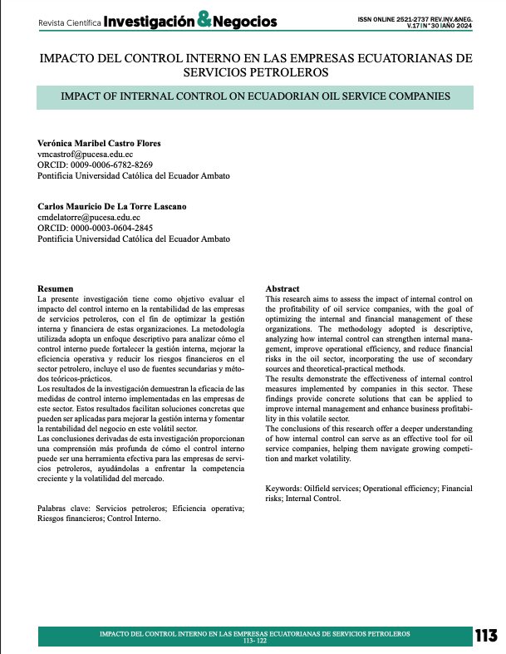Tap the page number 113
coord(484,636)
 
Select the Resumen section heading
coord(56,288)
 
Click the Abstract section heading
coord(282,288)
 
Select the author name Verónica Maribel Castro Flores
coord(100,144)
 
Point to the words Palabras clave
coord(65,508)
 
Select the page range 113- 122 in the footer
coord(254,642)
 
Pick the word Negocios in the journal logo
coord(246,22)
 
